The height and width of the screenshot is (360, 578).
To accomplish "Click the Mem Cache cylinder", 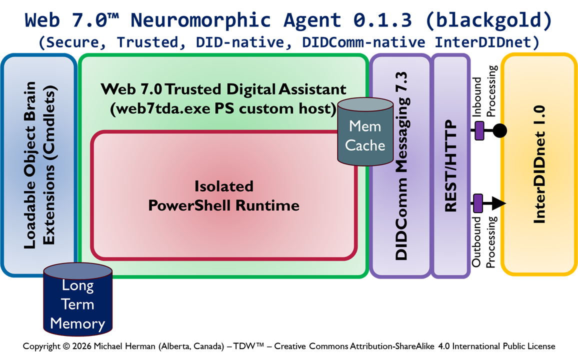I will [365, 132].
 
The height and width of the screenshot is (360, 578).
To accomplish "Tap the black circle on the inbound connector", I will [499, 131].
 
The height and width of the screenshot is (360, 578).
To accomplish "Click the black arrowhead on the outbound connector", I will [500, 203].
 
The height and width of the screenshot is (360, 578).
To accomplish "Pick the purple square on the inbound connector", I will [479, 131].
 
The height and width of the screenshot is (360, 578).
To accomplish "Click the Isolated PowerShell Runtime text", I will [223, 195].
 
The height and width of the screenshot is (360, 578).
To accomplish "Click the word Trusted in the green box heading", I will [193, 89].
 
